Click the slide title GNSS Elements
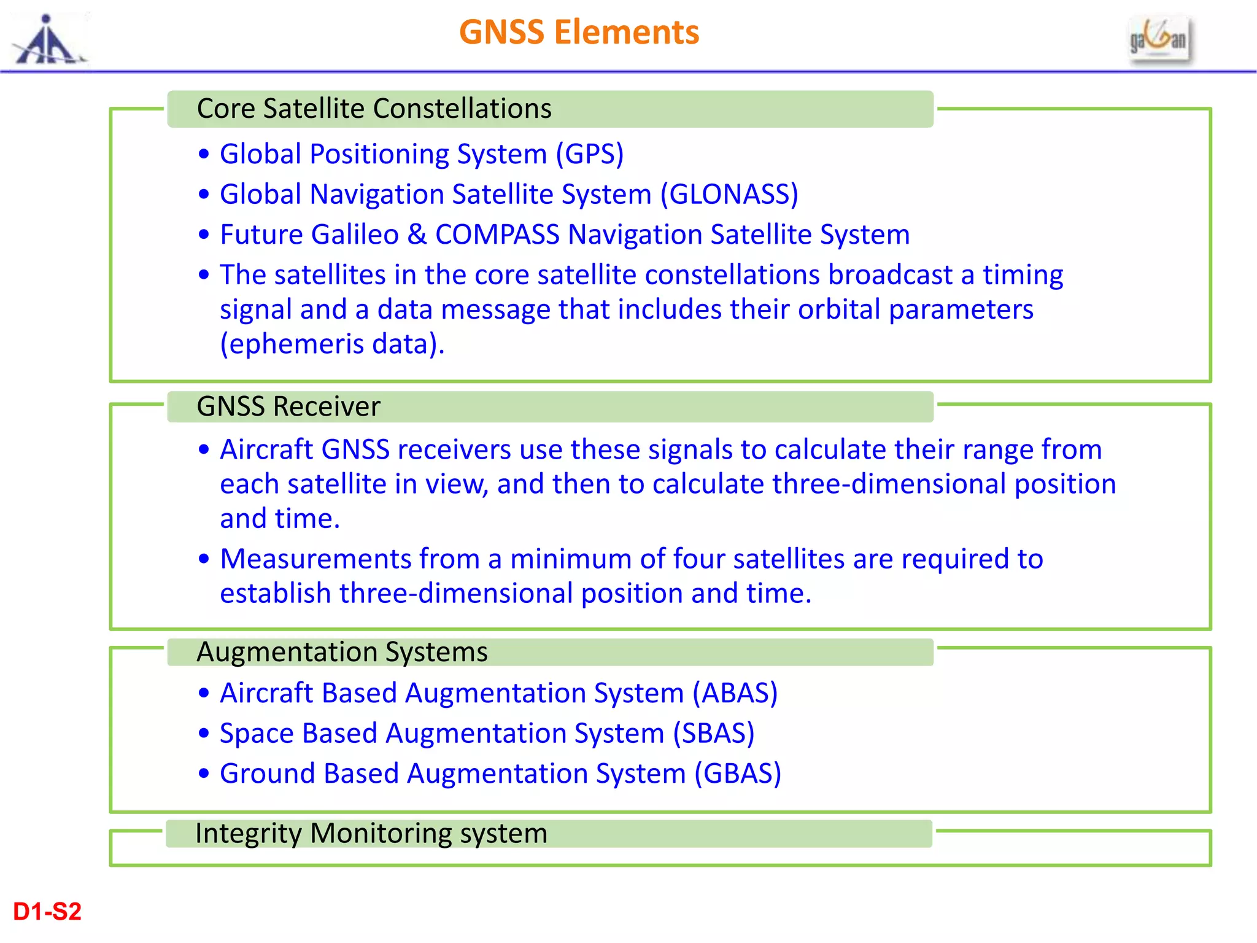(579, 32)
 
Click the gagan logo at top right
(1159, 39)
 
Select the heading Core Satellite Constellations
(374, 109)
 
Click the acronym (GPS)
(589, 154)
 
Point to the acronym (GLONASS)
(729, 195)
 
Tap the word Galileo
(355, 235)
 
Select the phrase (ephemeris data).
(331, 344)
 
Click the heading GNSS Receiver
(288, 406)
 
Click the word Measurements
(315, 559)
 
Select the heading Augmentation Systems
(342, 652)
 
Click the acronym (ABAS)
(735, 693)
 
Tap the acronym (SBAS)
(713, 734)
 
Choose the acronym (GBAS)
(737, 774)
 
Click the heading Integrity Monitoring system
(371, 834)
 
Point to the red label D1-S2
(47, 912)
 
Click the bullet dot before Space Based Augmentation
(204, 734)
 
